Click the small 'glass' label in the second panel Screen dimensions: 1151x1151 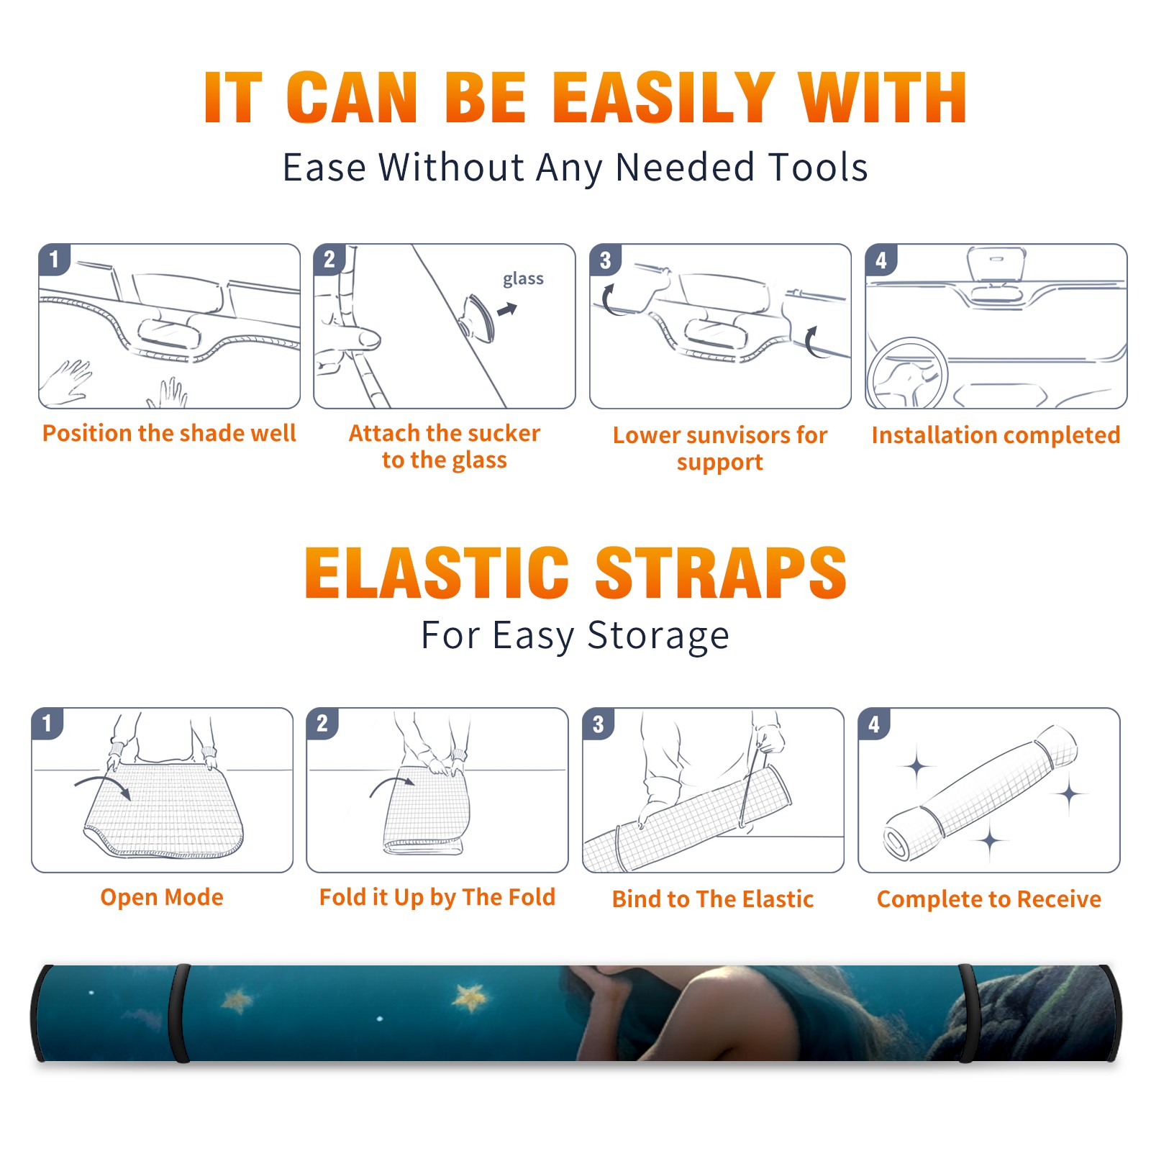click(523, 279)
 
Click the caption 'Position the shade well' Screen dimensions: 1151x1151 click(169, 433)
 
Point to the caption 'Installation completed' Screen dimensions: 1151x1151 click(996, 435)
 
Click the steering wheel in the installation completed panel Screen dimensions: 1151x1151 click(906, 374)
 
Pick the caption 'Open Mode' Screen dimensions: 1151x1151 click(162, 897)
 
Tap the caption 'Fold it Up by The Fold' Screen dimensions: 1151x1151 click(437, 897)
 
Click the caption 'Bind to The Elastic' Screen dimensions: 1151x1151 click(713, 899)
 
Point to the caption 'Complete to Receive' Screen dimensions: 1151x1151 click(989, 899)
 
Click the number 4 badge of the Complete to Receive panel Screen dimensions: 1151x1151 click(874, 724)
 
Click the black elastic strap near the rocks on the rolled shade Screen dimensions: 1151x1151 click(968, 1013)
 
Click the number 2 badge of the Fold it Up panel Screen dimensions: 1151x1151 click(322, 724)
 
